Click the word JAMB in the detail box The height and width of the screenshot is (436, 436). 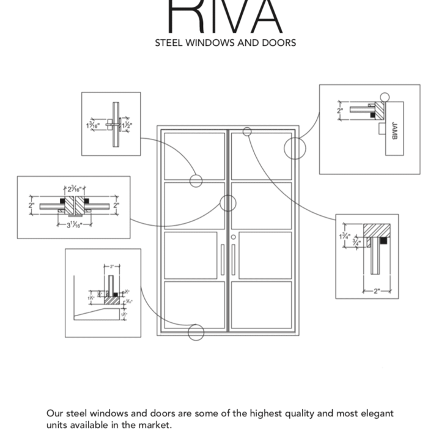click(394, 130)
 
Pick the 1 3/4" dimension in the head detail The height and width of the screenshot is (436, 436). click(345, 235)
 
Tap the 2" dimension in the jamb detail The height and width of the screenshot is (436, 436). click(341, 111)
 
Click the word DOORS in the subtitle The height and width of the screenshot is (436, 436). click(279, 43)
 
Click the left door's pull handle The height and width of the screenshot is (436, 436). click(223, 260)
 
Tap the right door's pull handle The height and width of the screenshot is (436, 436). click(233, 260)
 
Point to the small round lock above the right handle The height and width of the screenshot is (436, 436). click(233, 237)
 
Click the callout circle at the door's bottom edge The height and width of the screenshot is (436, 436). click(196, 332)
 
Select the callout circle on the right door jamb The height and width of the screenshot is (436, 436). click(295, 148)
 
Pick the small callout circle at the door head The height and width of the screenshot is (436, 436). click(247, 131)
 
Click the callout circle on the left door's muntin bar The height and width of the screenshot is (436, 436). click(196, 181)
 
